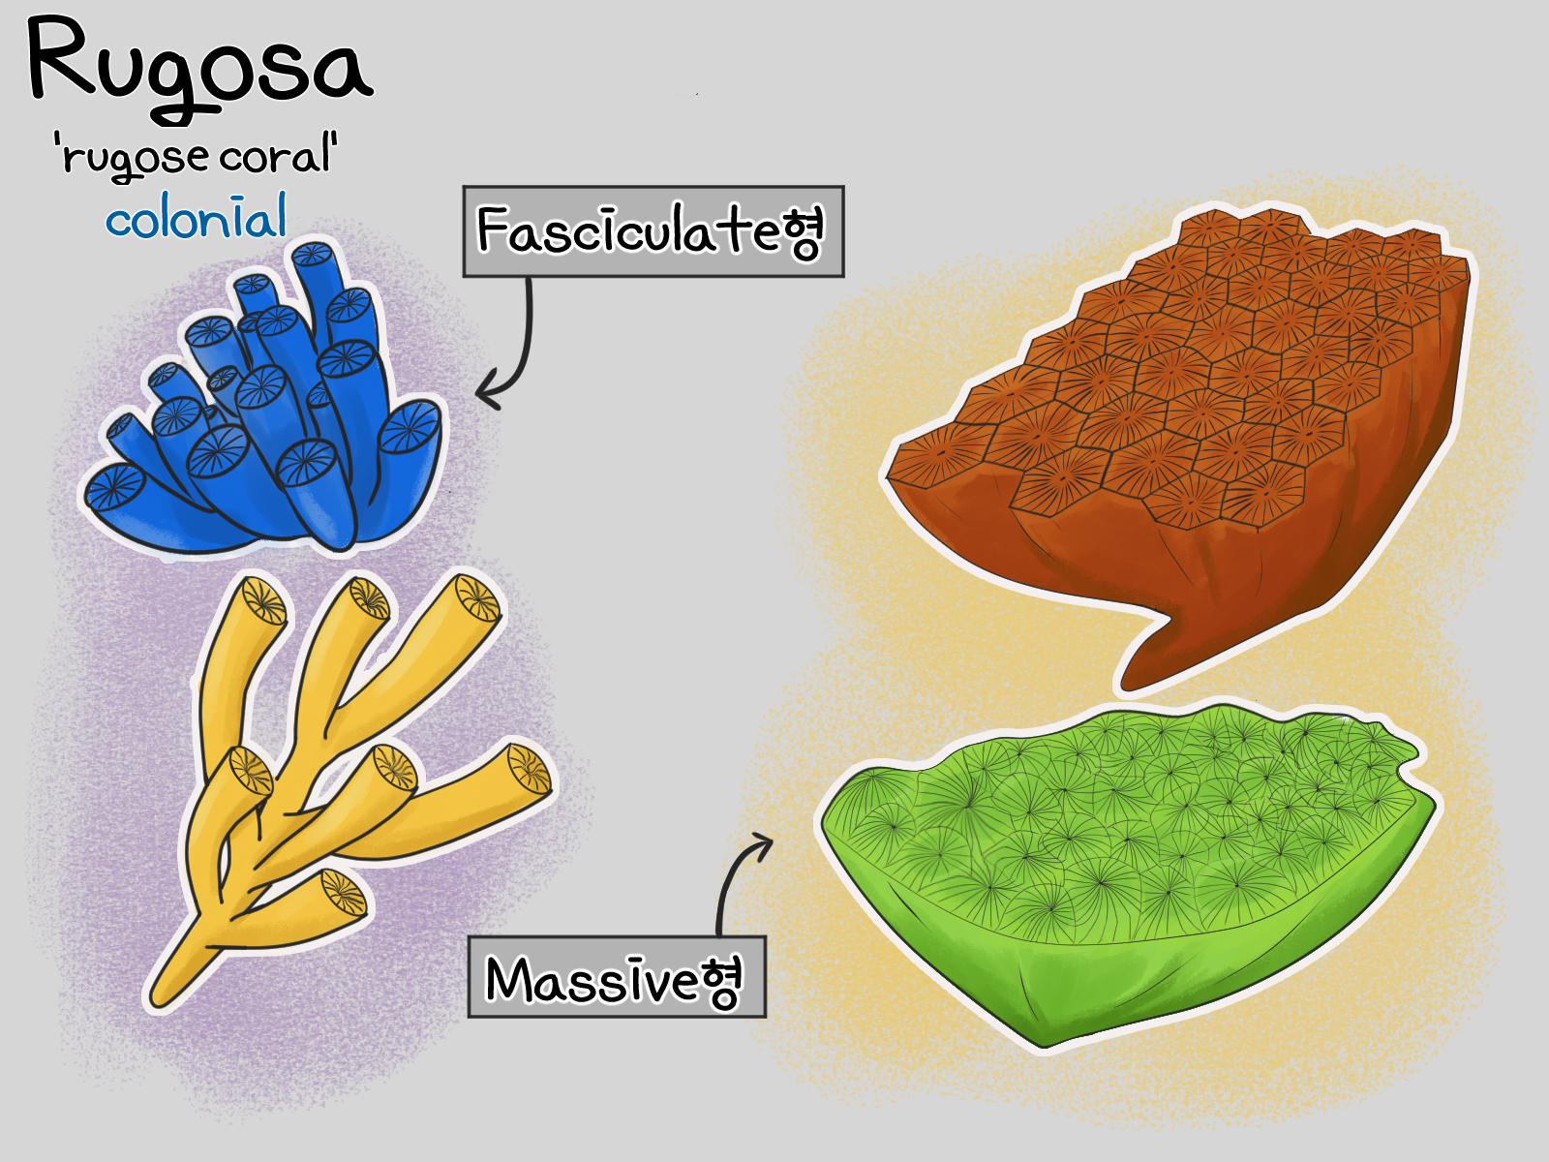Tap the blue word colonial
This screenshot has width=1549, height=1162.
point(197,216)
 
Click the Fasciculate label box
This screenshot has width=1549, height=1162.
point(653,231)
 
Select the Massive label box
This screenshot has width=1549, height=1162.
point(617,976)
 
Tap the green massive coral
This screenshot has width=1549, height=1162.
point(1129,874)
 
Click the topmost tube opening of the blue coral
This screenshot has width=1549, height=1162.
point(312,254)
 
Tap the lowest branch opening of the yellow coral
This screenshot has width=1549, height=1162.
point(344,893)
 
